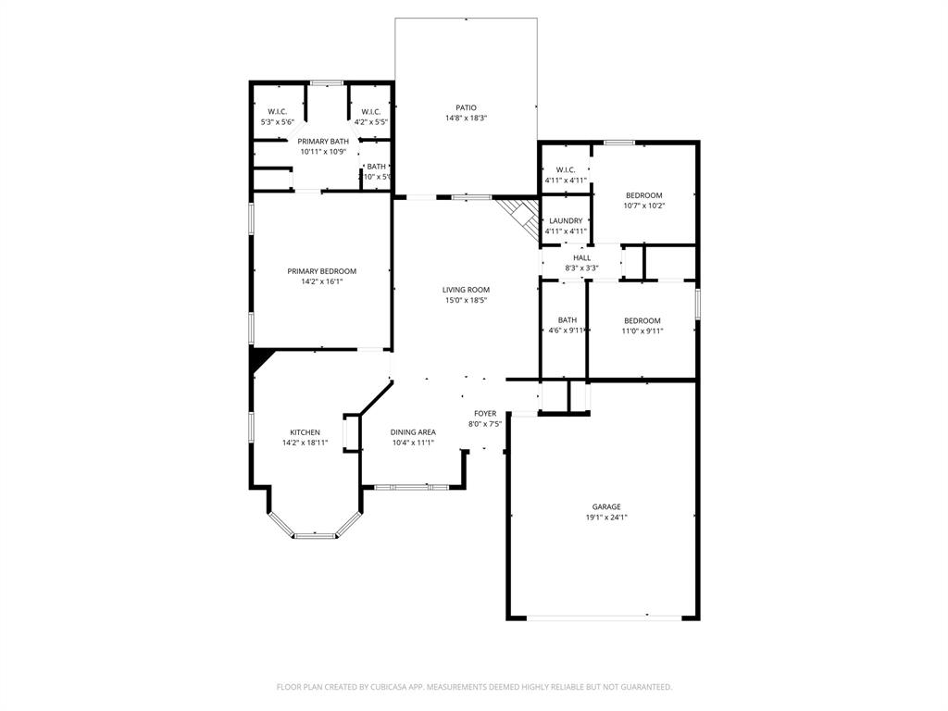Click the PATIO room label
point(466,107)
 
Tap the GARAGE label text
point(606,506)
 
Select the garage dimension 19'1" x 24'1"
point(606,518)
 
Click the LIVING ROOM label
point(466,290)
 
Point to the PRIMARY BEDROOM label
point(321,271)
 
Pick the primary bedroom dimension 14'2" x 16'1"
point(321,281)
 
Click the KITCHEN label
point(305,432)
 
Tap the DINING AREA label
point(413,432)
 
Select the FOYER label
point(485,413)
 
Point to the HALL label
point(582,258)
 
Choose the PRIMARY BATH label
point(323,141)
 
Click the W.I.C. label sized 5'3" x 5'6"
point(277,111)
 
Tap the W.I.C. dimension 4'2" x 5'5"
point(371,121)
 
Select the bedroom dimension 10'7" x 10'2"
point(643,206)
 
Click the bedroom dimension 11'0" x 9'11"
point(642,331)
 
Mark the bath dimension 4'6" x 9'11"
point(567,331)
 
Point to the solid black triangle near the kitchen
point(258,357)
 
